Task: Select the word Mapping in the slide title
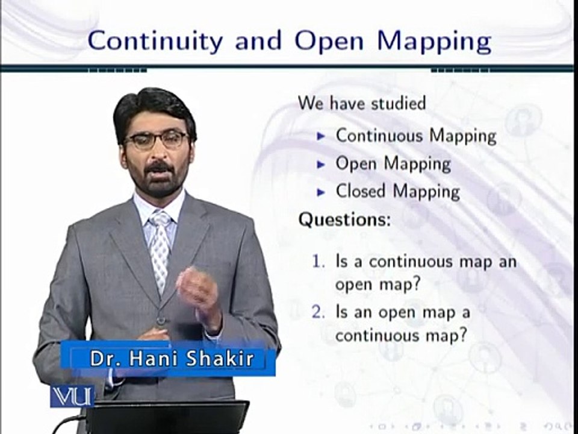[x=433, y=43]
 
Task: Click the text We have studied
[x=361, y=103]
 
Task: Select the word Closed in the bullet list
[x=361, y=192]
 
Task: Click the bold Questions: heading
[x=344, y=220]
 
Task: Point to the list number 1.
[x=319, y=262]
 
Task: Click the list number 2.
[x=319, y=313]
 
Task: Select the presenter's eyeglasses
[x=157, y=140]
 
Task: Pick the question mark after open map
[x=414, y=285]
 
